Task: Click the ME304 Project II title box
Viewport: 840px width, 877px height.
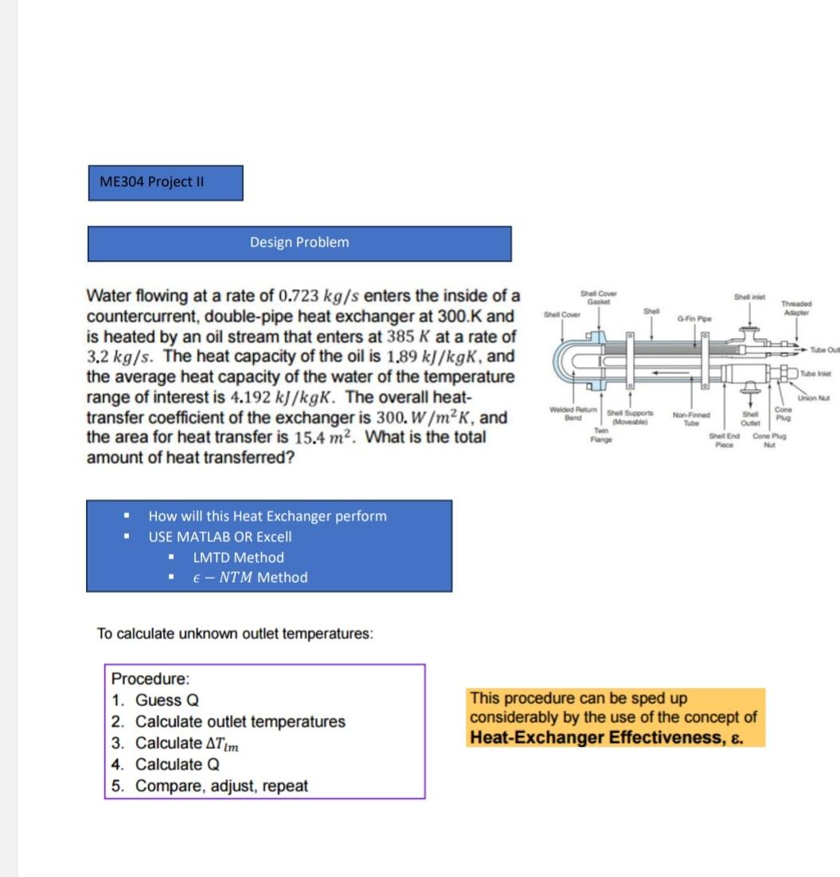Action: coord(165,182)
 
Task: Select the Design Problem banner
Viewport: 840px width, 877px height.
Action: coord(299,243)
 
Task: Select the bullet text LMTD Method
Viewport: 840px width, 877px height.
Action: coord(238,558)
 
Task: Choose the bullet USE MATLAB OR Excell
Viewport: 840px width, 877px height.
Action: coord(220,537)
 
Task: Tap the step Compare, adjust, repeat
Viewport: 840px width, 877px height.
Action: coord(221,786)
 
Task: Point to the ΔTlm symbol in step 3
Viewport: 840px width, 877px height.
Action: coord(223,744)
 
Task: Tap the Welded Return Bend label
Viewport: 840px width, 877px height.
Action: coord(568,414)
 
